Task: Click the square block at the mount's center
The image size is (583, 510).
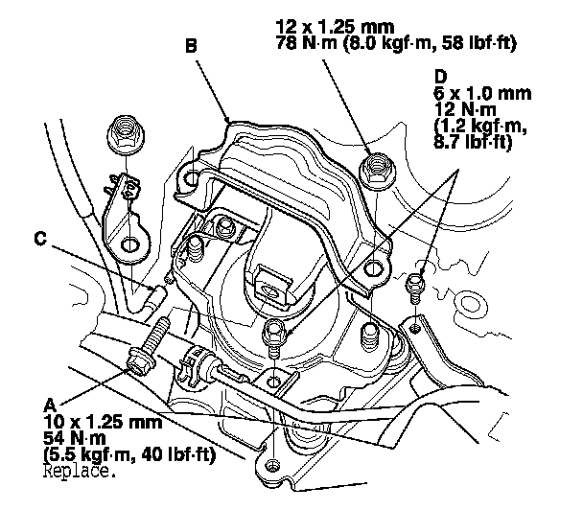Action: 271,281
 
